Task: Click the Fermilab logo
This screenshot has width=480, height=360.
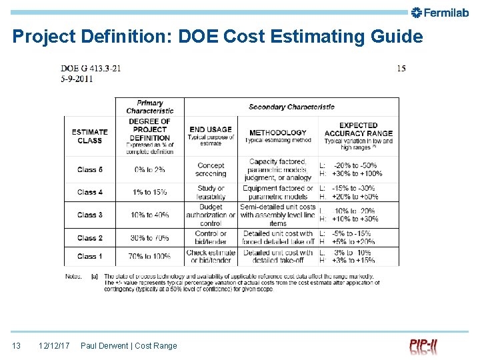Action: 441,12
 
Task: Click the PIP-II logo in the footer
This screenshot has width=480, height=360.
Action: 423,347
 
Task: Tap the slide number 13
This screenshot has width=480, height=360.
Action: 17,345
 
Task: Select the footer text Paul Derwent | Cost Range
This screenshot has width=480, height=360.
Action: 129,345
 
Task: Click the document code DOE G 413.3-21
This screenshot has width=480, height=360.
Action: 91,68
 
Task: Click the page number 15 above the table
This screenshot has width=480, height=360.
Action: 401,68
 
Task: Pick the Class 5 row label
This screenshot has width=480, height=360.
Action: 89,169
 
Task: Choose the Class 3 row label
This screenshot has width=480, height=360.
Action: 89,215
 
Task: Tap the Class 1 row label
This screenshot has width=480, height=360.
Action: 89,256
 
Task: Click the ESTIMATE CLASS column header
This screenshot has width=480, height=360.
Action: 89,136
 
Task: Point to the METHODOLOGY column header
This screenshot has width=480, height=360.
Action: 277,132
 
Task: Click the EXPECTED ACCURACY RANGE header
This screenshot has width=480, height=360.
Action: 359,129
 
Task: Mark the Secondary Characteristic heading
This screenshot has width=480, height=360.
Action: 291,107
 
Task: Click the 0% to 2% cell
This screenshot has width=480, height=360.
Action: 150,169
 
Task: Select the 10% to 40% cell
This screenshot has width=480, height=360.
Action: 150,215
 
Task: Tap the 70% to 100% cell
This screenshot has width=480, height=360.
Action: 150,256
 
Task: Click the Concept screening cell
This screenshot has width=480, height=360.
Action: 211,169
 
